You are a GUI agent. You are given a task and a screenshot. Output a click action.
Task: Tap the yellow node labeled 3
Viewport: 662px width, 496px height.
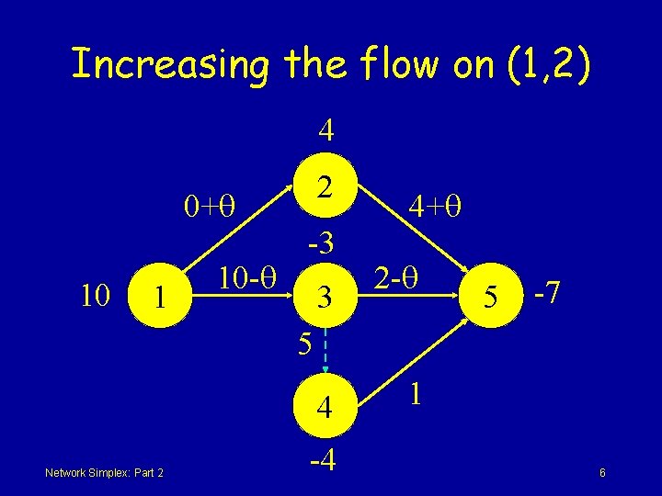323,297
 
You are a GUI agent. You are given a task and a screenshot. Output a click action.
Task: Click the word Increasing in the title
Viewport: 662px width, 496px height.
169,65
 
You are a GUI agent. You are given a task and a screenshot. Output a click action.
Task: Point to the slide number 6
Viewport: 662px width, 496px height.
601,472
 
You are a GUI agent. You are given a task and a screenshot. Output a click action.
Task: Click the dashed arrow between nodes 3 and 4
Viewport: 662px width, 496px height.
324,354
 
